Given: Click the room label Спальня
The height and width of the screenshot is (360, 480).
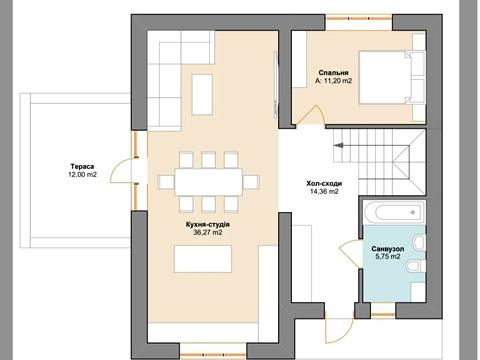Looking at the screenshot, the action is [333, 73].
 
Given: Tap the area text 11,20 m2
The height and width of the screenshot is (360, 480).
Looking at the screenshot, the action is [338, 81].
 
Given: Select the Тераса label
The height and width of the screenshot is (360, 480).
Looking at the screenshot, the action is [82, 166].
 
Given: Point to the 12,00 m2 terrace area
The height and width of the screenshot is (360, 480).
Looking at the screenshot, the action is [82, 174].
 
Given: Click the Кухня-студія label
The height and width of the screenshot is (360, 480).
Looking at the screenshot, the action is [208, 225].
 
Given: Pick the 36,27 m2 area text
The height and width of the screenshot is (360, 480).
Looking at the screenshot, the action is [208, 233].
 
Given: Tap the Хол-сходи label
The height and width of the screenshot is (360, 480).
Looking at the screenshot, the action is [324, 183].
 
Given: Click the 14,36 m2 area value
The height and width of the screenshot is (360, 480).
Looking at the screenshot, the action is [324, 191].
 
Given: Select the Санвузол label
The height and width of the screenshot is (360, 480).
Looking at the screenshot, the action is [388, 249].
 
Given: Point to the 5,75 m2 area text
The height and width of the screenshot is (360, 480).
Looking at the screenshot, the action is [388, 257].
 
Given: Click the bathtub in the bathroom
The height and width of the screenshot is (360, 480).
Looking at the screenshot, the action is [394, 212].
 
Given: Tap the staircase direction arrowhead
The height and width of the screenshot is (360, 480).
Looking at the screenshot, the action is [338, 145].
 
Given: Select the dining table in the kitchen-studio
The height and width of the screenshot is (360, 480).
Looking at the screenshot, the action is [209, 182].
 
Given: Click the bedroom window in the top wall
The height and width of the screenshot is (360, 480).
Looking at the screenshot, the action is [359, 18].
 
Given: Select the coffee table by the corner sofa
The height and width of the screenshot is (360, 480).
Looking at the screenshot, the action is [202, 95].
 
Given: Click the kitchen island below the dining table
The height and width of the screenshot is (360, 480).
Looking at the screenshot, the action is [203, 259].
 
